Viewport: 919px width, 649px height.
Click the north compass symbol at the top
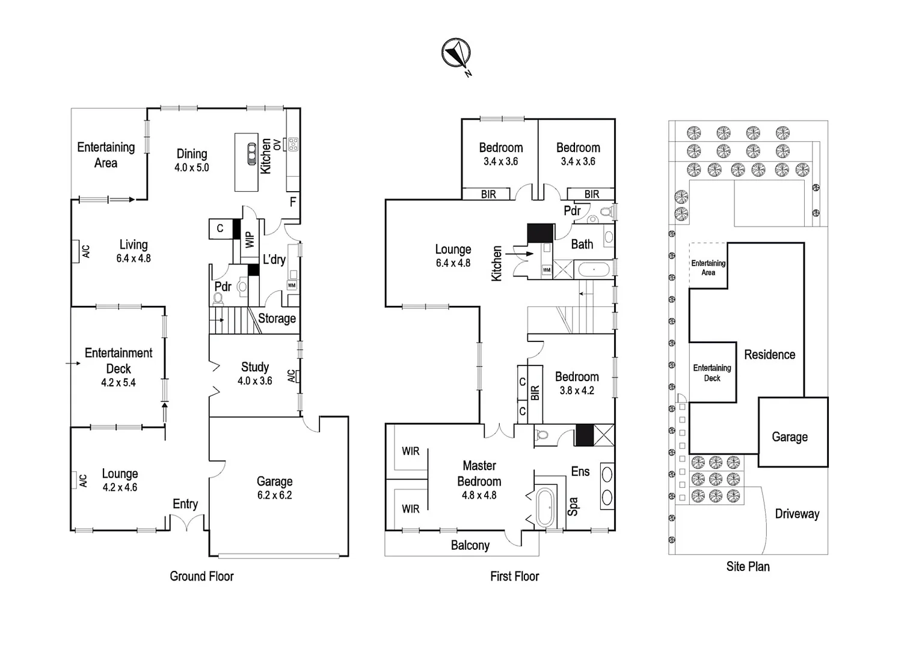(455, 53)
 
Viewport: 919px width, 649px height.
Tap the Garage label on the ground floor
(274, 487)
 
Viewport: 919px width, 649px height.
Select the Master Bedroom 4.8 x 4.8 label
(479, 480)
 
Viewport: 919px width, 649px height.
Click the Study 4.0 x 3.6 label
(255, 373)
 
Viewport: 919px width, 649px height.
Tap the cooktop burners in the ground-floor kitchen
(294, 144)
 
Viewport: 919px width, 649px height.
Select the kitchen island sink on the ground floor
(251, 154)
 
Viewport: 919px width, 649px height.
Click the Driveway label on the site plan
(796, 514)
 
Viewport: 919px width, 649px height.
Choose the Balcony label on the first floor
(470, 545)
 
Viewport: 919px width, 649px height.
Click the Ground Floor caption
(201, 576)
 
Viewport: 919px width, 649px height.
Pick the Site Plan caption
(748, 566)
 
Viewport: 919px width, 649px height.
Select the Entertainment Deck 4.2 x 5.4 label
(118, 367)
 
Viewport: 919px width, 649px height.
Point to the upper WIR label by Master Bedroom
(410, 451)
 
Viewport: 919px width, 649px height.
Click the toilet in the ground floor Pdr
(219, 299)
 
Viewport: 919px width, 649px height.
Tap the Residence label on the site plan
(769, 355)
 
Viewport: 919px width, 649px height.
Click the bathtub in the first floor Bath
(594, 270)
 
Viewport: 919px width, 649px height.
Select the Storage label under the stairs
(277, 318)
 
